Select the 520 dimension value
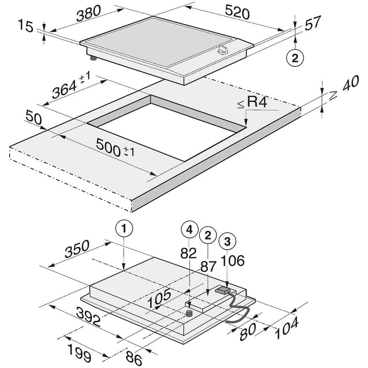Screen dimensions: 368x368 click(x=238, y=13)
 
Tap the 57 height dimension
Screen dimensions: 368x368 click(x=313, y=23)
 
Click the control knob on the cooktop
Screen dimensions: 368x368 click(x=223, y=50)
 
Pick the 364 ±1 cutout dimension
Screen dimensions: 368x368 click(x=71, y=86)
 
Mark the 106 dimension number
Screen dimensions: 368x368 click(x=233, y=261)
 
